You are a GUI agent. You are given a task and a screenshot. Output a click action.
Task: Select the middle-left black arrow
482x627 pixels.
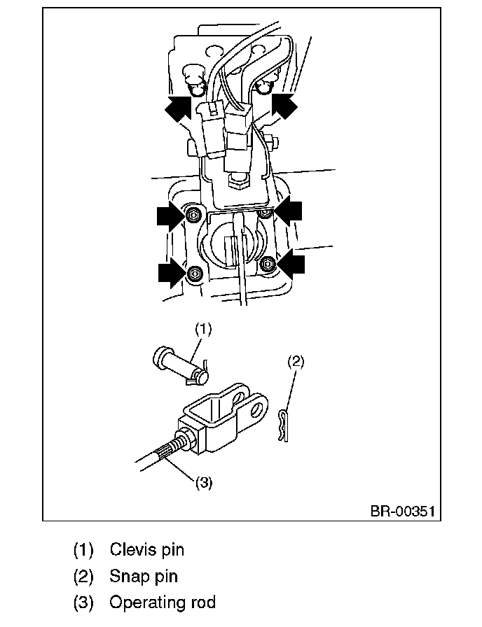(171, 216)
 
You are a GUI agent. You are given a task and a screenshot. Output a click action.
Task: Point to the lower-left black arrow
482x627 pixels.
(172, 272)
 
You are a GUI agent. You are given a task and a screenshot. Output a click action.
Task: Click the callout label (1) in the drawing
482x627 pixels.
(202, 327)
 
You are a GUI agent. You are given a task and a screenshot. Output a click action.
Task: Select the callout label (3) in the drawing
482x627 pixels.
(203, 483)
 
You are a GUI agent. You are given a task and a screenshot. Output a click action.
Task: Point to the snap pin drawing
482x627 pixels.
(282, 425)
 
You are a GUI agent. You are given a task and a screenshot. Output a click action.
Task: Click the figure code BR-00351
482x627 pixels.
(402, 511)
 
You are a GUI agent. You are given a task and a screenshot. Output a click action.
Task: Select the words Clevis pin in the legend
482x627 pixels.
(147, 549)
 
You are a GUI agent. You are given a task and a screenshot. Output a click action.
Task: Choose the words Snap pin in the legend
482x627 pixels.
(144, 576)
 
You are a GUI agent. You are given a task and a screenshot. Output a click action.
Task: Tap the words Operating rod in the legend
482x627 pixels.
(163, 602)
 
